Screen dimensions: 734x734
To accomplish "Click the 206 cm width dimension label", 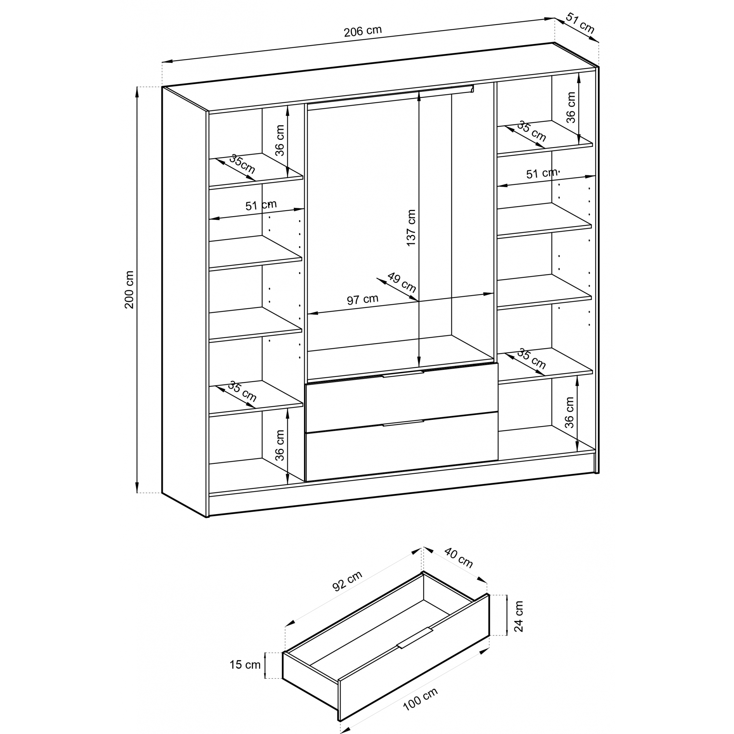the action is [x=363, y=31].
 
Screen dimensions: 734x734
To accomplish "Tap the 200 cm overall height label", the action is [x=129, y=290].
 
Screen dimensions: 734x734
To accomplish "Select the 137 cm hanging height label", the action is [x=411, y=228].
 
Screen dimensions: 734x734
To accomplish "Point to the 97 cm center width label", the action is [x=363, y=300].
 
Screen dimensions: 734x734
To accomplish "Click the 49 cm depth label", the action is [x=402, y=282].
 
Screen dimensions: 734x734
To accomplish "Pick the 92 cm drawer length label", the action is [x=347, y=581].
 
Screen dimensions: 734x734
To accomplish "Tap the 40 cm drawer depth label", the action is [x=458, y=558].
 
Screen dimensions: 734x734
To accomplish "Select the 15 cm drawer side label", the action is [x=245, y=665].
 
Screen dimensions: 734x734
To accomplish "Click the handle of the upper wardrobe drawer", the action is [x=403, y=374].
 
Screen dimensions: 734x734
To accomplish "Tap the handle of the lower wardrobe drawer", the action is [x=403, y=423].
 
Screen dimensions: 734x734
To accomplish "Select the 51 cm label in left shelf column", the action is [x=261, y=205].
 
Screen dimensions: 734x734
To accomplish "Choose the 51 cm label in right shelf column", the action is [x=541, y=173].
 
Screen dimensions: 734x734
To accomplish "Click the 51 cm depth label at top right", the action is [x=580, y=22].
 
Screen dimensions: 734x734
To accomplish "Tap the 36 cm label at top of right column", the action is [x=571, y=108].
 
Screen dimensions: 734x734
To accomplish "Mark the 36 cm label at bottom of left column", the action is [x=280, y=445].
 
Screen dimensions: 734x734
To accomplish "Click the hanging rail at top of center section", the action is [x=390, y=97].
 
